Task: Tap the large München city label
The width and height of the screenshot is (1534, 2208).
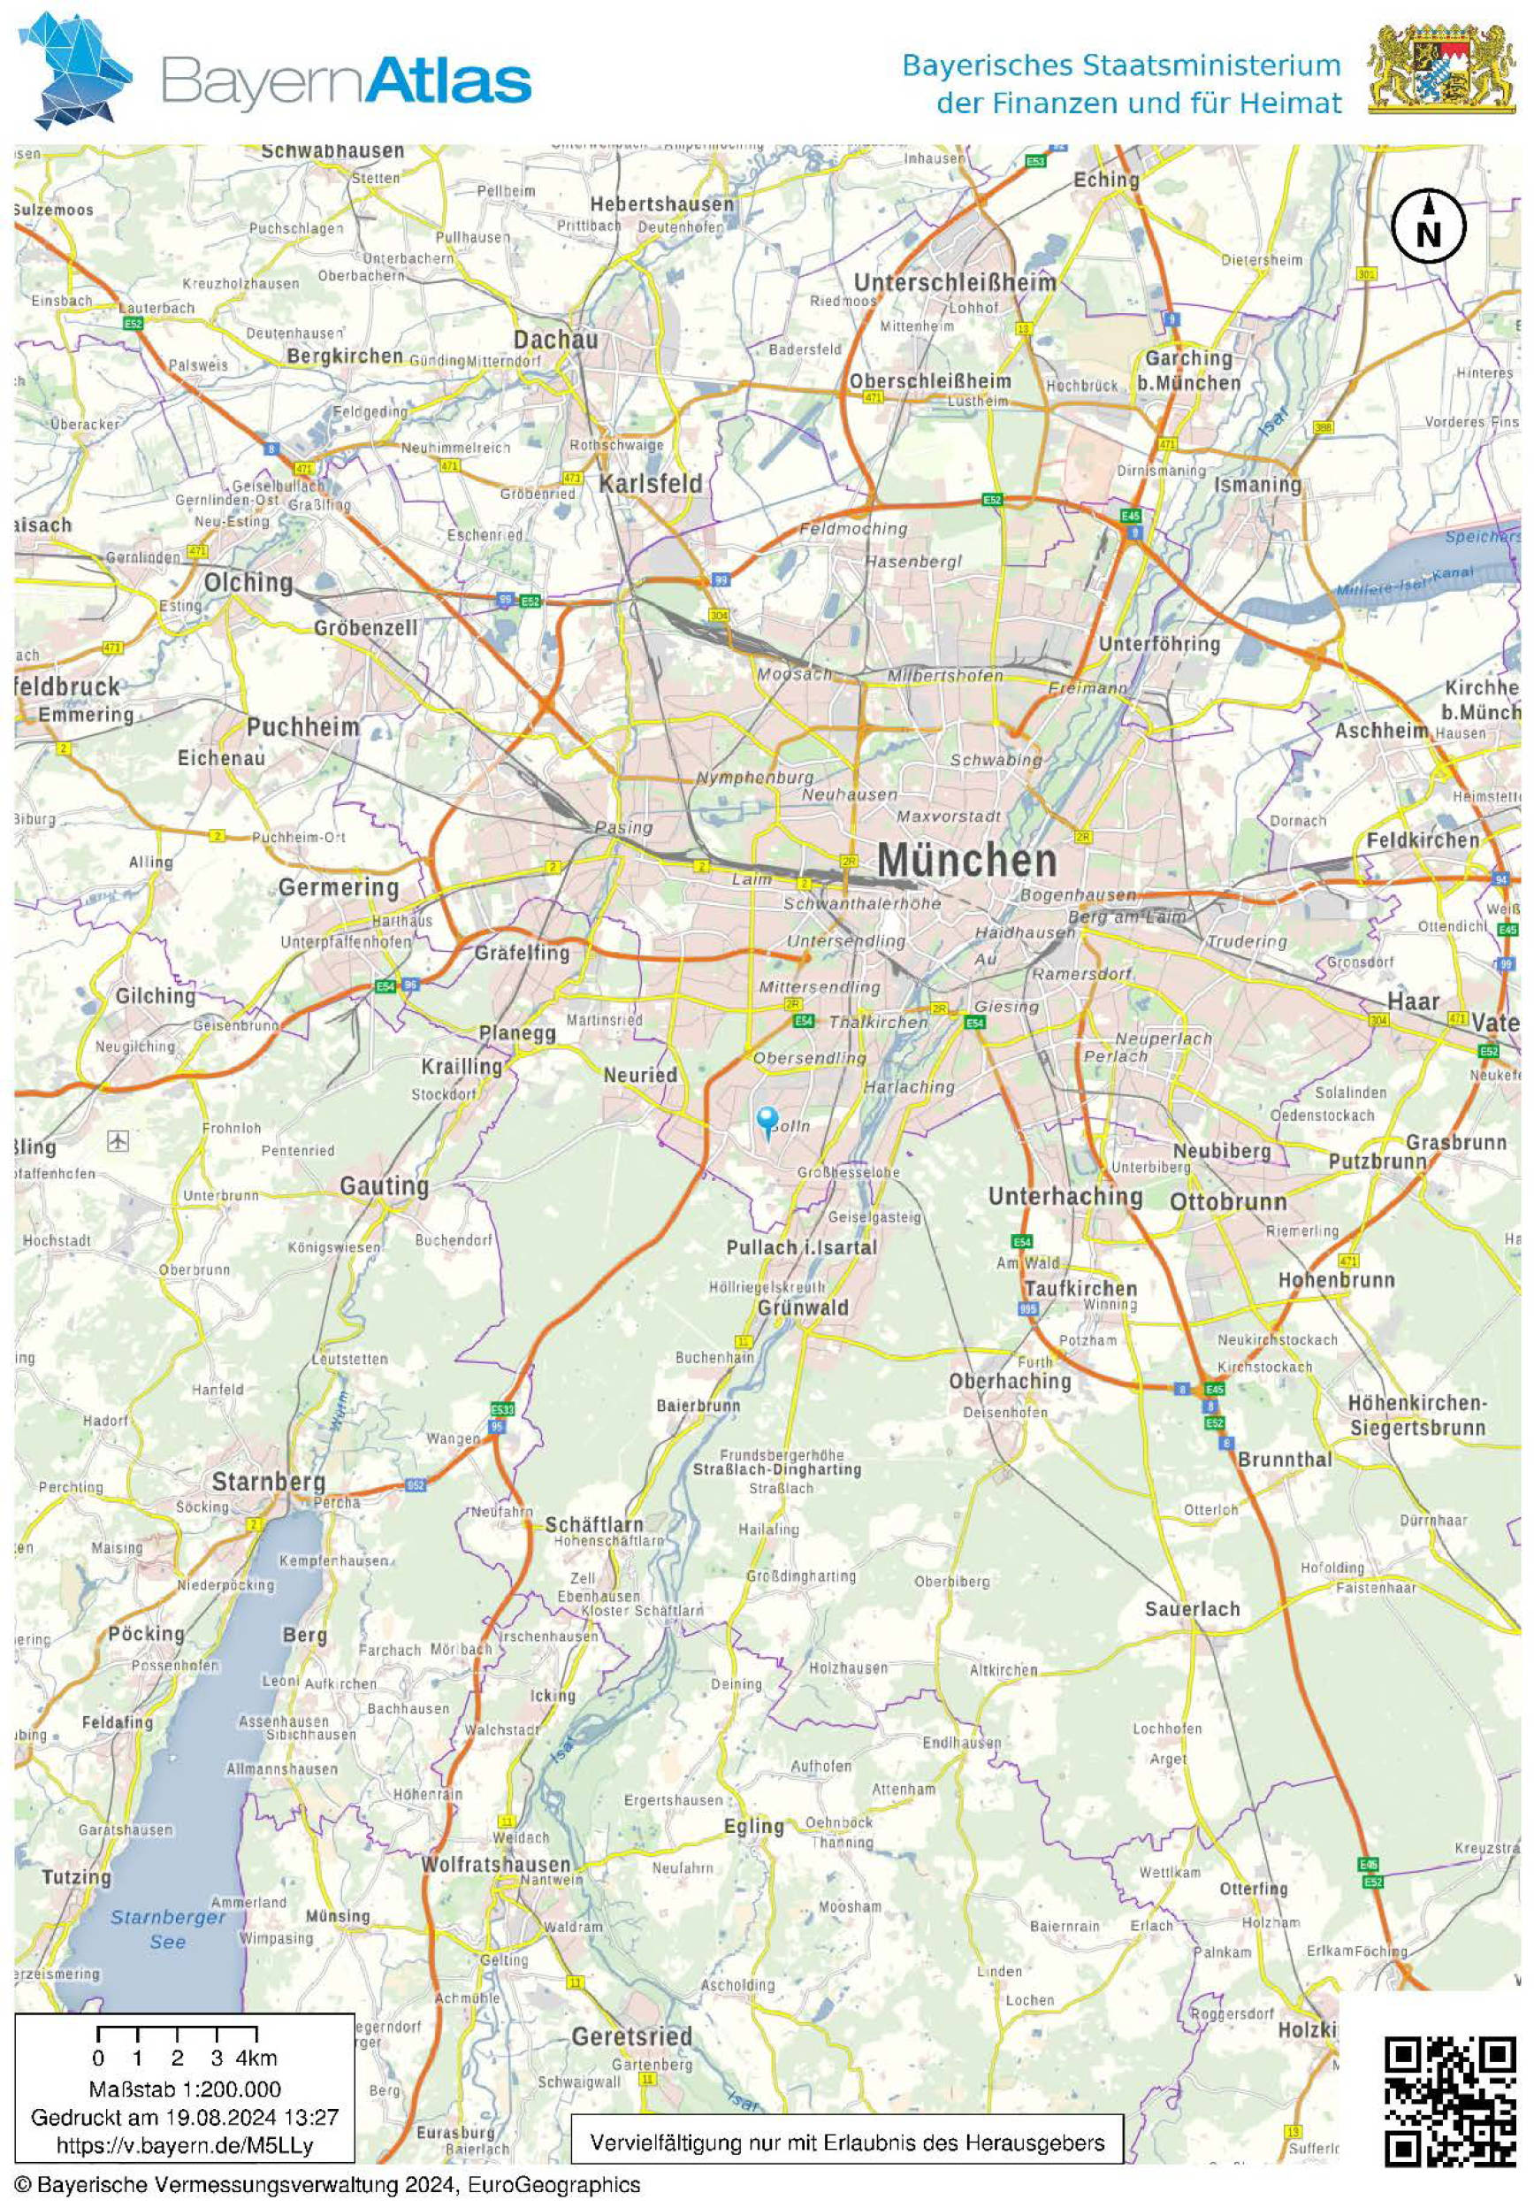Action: pos(966,860)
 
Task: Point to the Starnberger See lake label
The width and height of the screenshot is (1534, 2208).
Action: pos(168,1929)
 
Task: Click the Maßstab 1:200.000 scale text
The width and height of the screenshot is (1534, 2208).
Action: pos(185,2089)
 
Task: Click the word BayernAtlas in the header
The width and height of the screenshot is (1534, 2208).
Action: pos(346,80)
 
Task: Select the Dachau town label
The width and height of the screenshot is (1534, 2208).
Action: pos(554,340)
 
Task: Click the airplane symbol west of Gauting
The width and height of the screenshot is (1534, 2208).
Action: pos(119,1140)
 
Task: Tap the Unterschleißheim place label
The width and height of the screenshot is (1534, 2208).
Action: pos(954,283)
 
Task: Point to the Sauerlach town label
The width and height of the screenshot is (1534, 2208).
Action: pos(1192,1609)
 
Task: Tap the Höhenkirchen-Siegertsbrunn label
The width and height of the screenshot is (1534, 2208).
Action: pos(1416,1415)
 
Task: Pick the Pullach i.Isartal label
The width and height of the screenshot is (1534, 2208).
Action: pos(801,1247)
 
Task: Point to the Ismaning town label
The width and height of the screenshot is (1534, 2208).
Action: pos(1257,485)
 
